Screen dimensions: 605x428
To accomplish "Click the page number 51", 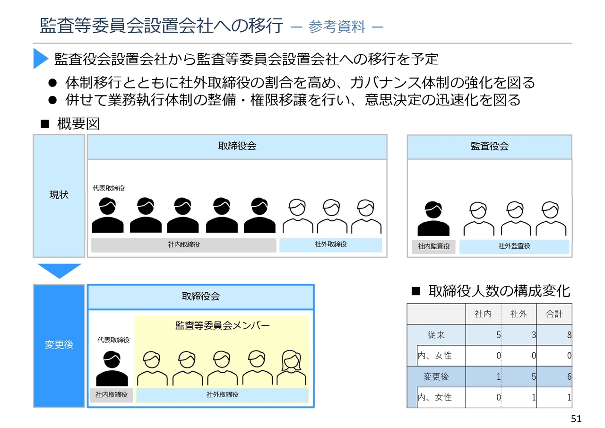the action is pos(576,419).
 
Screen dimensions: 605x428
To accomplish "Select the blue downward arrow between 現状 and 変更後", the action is pos(60,271).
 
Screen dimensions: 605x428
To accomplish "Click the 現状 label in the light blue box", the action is pos(59,194).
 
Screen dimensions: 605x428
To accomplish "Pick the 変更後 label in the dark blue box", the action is pos(59,344).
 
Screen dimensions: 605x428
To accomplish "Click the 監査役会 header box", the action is pos(489,147).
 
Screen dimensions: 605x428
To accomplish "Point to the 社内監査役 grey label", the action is pos(433,246).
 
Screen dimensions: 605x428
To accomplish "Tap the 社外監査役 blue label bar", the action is pos(514,246).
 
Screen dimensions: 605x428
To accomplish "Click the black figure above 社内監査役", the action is pos(433,218).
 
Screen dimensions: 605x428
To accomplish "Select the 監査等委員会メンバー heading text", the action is pos(222,325).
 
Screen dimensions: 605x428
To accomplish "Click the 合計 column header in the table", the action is pos(554,314).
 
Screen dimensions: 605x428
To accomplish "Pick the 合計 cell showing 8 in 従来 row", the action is pos(569,335).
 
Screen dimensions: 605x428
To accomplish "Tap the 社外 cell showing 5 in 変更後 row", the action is pos(534,376).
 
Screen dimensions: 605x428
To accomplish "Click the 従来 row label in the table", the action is pos(436,335).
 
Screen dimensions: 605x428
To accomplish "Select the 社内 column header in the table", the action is pos(483,314).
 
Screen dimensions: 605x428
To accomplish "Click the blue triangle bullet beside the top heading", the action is pos(40,58).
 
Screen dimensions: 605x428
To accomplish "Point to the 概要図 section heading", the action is pos(78,124).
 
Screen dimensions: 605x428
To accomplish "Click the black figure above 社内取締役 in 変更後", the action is pos(112,368).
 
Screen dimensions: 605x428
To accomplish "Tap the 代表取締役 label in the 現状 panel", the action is pos(109,188).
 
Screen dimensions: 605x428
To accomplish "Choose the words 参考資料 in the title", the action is pos(337,27).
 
